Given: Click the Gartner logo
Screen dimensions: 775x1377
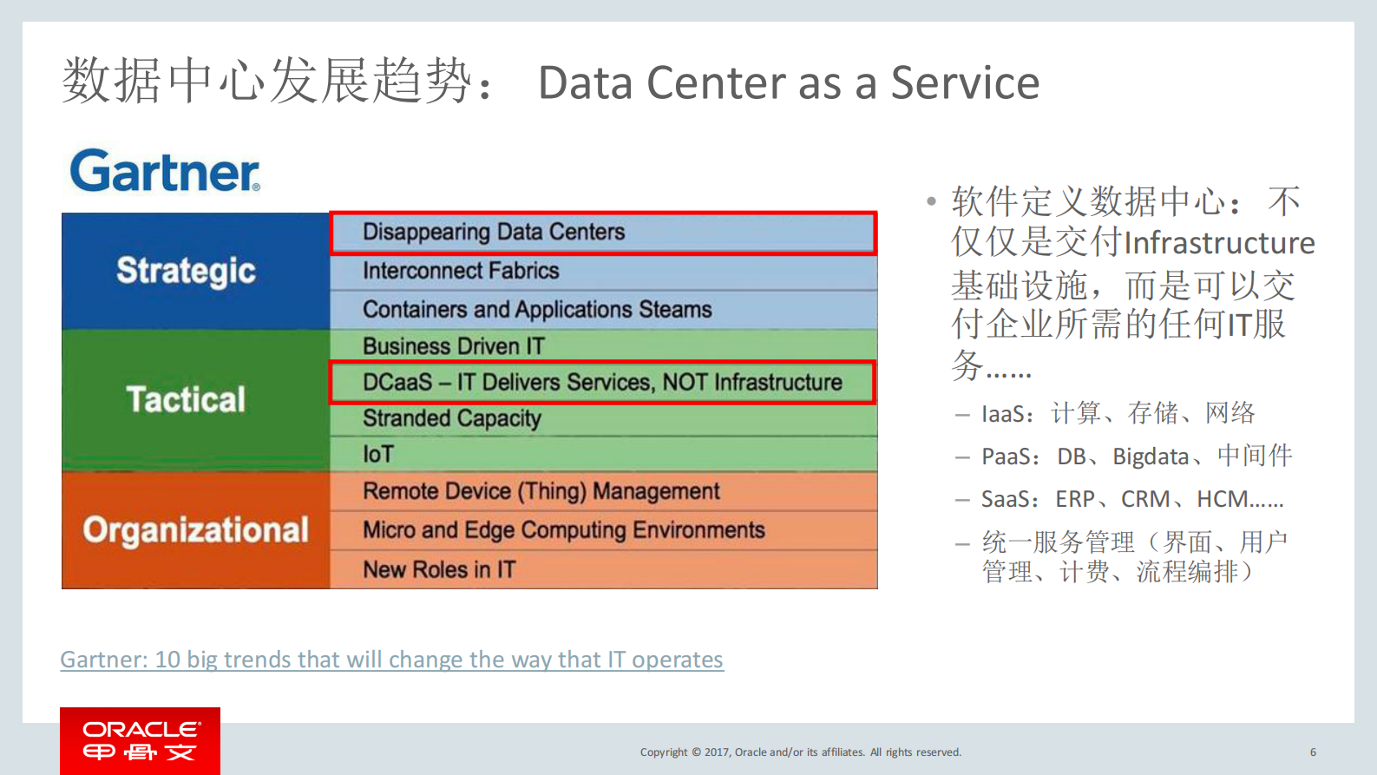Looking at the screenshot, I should [x=165, y=171].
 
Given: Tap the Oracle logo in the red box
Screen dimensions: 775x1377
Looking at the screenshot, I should [x=140, y=740].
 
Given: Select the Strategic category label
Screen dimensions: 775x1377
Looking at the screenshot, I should [x=186, y=271].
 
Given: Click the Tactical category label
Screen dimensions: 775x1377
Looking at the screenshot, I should [x=186, y=399].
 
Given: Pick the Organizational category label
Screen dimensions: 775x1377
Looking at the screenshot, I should [x=195, y=529].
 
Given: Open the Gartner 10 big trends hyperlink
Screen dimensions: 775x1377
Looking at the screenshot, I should [x=391, y=660].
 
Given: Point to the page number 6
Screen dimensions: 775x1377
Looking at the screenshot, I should [x=1313, y=752].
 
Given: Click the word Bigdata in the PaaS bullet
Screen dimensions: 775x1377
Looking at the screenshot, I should [x=1151, y=456].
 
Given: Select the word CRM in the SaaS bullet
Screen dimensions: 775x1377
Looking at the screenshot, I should [x=1144, y=499].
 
